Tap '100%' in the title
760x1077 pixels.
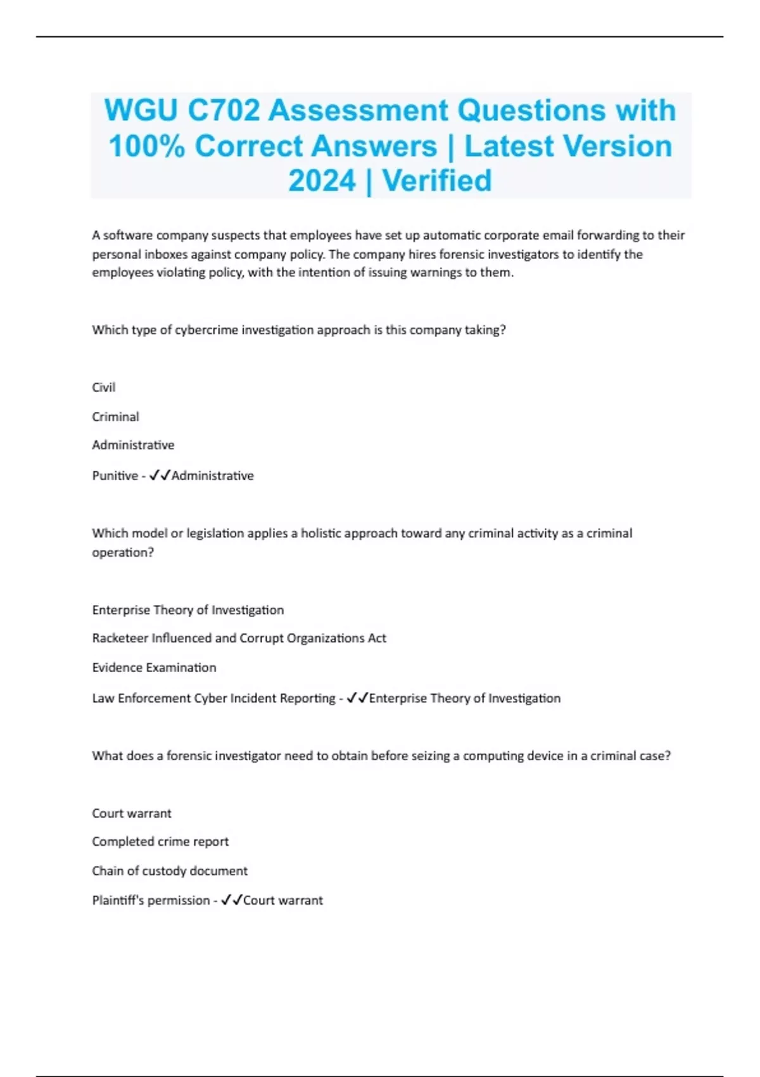click(x=146, y=146)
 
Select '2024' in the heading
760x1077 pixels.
click(x=322, y=181)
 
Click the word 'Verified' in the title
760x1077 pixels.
click(x=437, y=181)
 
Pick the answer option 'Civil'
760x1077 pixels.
click(x=104, y=388)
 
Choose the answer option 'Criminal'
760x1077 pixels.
click(x=115, y=417)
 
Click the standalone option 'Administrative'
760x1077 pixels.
click(x=133, y=445)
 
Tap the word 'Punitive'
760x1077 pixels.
click(x=115, y=476)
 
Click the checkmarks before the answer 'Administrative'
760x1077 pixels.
click(x=160, y=476)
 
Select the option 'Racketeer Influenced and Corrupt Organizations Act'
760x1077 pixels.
click(x=239, y=639)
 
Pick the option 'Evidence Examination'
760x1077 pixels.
click(x=154, y=668)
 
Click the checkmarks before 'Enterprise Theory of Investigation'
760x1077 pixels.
click(x=357, y=698)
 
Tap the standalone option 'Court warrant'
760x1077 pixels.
click(x=132, y=813)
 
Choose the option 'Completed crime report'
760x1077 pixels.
click(x=160, y=842)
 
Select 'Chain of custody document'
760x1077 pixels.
click(x=170, y=871)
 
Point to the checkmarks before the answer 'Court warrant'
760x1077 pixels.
click(x=231, y=900)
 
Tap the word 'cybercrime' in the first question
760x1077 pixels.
click(x=206, y=330)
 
